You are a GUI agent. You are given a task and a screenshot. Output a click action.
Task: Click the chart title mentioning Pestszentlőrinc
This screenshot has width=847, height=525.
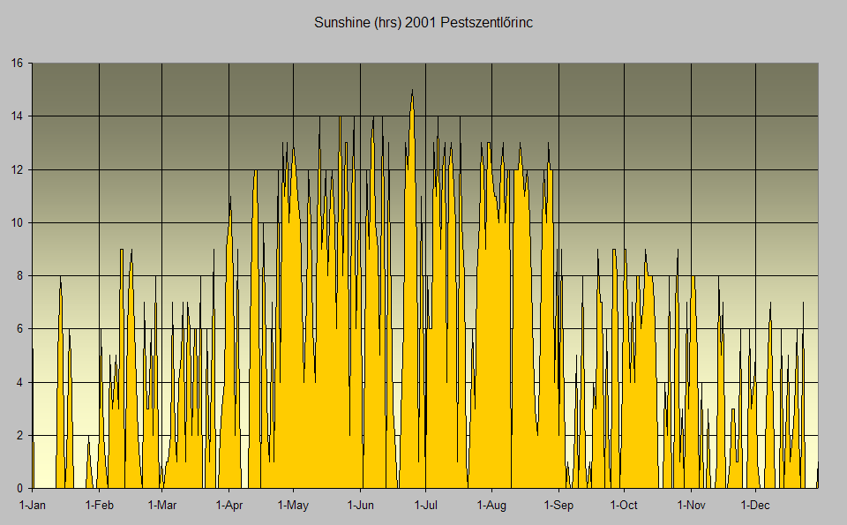click(x=423, y=22)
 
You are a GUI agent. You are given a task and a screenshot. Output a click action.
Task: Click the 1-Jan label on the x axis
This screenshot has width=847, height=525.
click(x=33, y=506)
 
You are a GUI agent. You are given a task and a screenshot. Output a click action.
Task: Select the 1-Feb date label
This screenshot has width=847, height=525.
click(x=99, y=506)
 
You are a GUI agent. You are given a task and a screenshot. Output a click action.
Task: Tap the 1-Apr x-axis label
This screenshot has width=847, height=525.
click(x=229, y=506)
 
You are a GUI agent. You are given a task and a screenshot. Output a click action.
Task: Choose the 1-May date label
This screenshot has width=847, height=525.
click(x=293, y=506)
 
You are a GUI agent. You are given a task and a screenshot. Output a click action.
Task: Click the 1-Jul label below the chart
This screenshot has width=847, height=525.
click(x=425, y=506)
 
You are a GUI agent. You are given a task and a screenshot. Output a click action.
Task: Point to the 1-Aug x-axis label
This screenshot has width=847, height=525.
click(x=491, y=506)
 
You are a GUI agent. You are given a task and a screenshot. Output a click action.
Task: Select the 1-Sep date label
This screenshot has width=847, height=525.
click(x=558, y=506)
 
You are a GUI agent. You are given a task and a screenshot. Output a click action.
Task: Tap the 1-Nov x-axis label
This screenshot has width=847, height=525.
click(x=691, y=506)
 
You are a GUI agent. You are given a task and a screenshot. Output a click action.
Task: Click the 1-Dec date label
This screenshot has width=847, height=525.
click(x=755, y=506)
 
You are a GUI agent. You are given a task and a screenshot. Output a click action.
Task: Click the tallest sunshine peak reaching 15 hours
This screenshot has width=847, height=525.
click(x=412, y=91)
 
